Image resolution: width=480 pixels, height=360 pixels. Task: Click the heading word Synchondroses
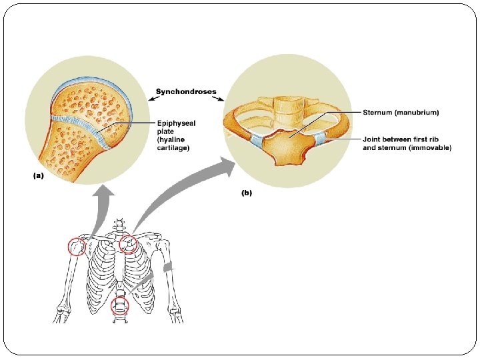[x=186, y=91]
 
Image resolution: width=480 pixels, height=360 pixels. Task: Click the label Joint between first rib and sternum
[x=407, y=143]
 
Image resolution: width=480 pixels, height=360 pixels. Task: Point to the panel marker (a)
[x=39, y=176]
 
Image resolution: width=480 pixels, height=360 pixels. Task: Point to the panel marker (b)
[x=246, y=194]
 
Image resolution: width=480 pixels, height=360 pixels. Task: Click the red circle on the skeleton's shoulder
[x=77, y=247]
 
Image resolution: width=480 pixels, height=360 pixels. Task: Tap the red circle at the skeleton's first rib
[x=128, y=245]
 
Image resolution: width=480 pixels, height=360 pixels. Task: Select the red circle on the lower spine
[x=120, y=305]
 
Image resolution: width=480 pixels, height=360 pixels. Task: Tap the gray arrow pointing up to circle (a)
[x=100, y=207]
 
